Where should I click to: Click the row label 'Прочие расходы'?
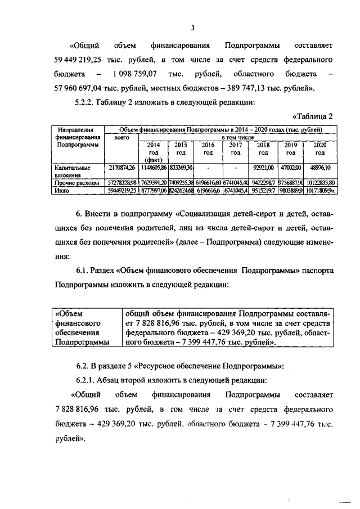click(76, 183)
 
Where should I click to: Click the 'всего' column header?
click(122, 137)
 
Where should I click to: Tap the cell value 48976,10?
click(319, 168)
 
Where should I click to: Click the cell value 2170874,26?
click(122, 168)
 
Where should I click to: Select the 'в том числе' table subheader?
click(236, 137)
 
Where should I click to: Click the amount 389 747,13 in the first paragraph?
click(243, 88)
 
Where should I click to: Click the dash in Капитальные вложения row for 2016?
click(208, 168)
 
